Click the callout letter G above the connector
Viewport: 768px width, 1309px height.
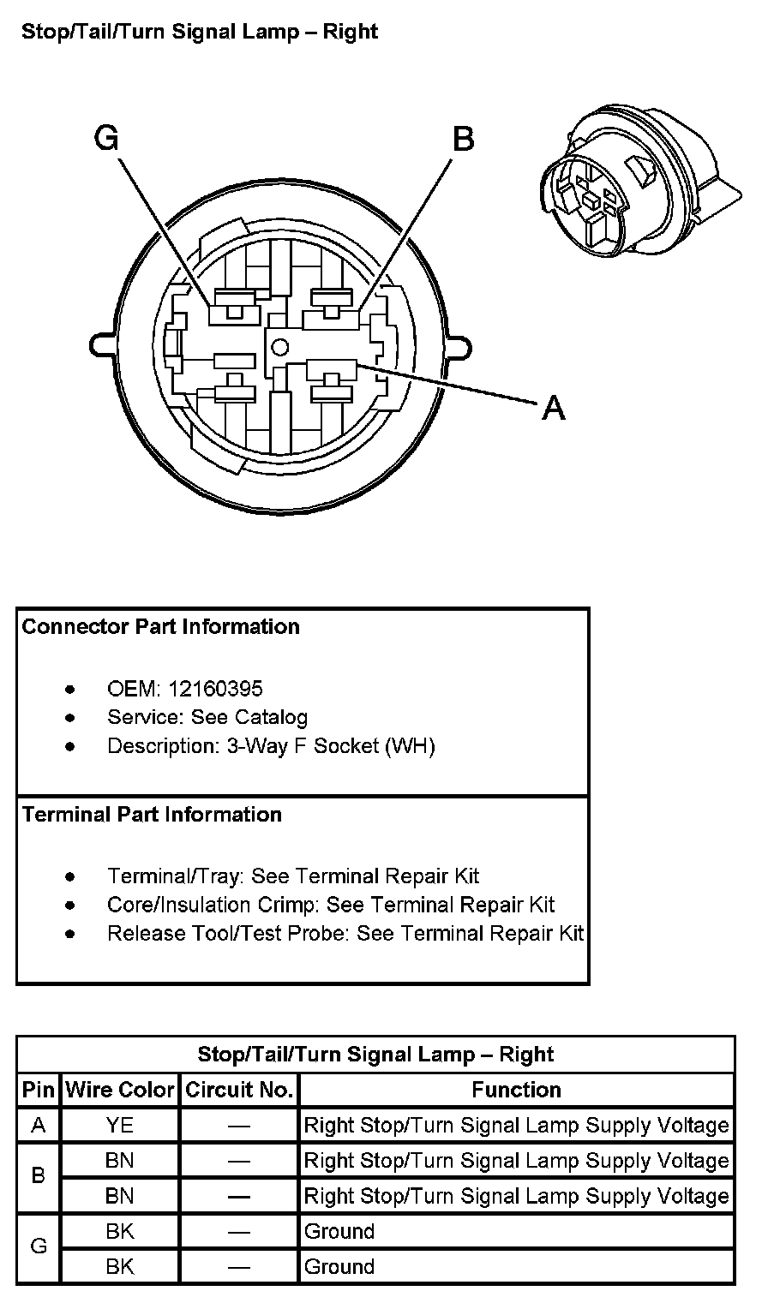[106, 138]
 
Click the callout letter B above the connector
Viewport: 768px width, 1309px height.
[463, 138]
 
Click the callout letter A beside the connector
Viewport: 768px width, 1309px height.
[555, 409]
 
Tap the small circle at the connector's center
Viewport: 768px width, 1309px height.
[278, 347]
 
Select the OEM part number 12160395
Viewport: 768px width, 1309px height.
[216, 689]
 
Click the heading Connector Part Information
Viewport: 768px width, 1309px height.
[161, 627]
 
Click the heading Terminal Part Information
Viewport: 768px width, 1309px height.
[153, 814]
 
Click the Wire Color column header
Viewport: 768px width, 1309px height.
[120, 1090]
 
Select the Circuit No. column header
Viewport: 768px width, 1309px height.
[240, 1090]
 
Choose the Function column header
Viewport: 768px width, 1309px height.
[517, 1090]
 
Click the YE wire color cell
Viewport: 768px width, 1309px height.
[120, 1125]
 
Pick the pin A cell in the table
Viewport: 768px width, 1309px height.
[39, 1125]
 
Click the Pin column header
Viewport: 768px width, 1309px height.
[39, 1090]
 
